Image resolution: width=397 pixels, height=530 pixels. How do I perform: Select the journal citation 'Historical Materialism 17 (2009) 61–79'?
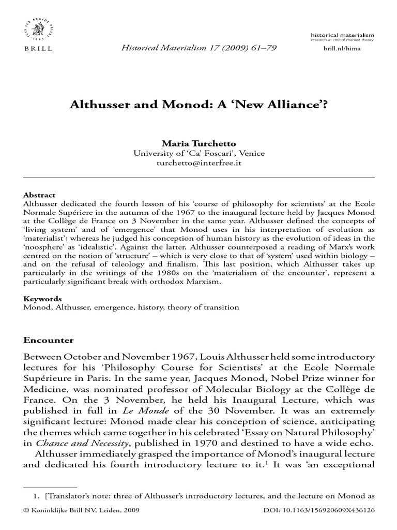199,48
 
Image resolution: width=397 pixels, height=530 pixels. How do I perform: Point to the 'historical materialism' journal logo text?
343,34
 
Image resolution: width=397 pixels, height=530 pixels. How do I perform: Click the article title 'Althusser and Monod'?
199,105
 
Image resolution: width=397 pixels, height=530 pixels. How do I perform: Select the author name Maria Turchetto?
199,144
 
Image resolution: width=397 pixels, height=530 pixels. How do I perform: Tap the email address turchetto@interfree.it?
199,163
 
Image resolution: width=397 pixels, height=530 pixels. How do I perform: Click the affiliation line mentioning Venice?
199,153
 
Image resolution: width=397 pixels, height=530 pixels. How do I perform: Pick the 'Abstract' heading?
39,195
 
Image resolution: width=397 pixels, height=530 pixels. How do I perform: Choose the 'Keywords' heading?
42,299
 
